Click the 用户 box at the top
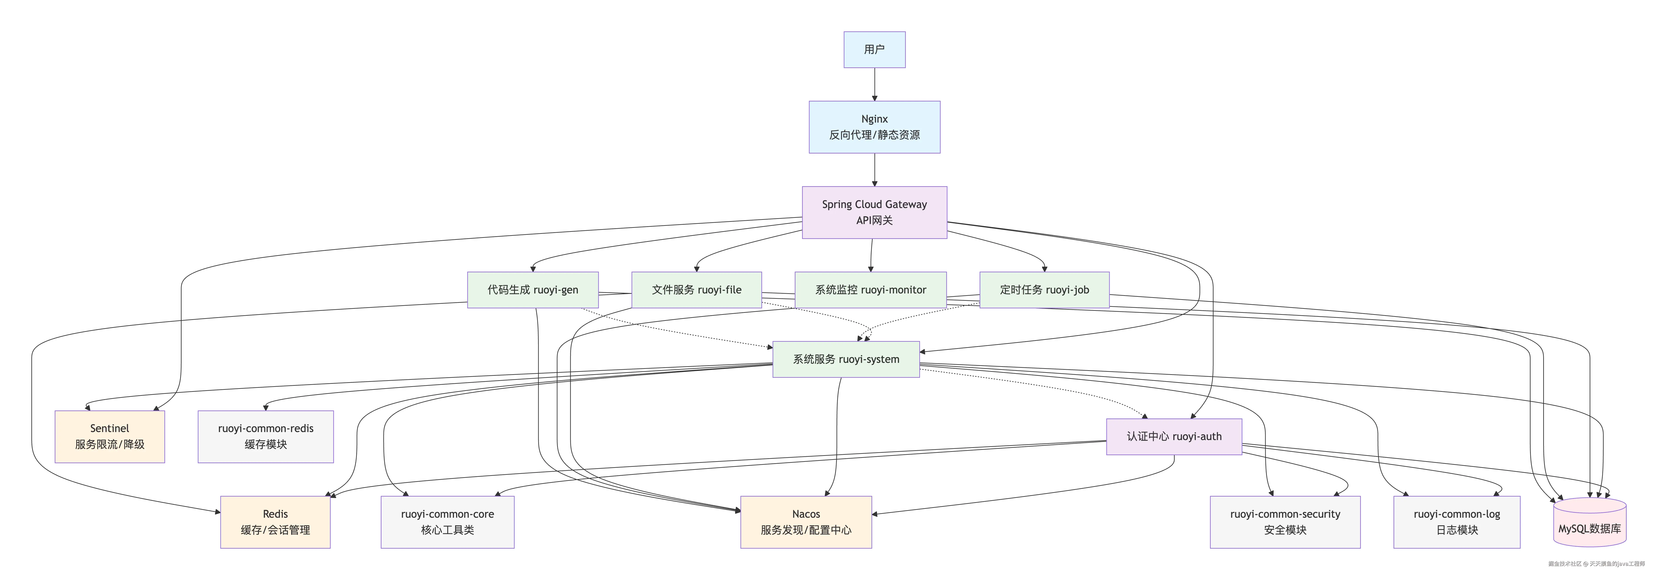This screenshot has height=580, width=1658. (874, 50)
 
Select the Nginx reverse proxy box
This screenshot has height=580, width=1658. (874, 127)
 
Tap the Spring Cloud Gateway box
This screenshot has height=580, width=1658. (874, 212)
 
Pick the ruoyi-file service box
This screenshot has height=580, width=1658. (696, 290)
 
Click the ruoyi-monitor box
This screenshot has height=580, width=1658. (870, 290)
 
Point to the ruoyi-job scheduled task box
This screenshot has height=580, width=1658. (1044, 290)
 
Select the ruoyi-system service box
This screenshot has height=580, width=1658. (846, 359)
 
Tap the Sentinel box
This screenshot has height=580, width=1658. (109, 437)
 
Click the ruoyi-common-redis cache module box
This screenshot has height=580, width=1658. (265, 437)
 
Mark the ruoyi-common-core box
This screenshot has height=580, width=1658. (447, 522)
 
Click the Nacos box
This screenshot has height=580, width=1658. (806, 522)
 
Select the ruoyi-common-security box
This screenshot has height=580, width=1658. (1285, 522)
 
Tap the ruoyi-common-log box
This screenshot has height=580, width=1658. (1456, 522)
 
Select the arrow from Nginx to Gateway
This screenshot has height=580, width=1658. (874, 170)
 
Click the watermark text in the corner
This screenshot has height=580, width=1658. (1596, 564)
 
